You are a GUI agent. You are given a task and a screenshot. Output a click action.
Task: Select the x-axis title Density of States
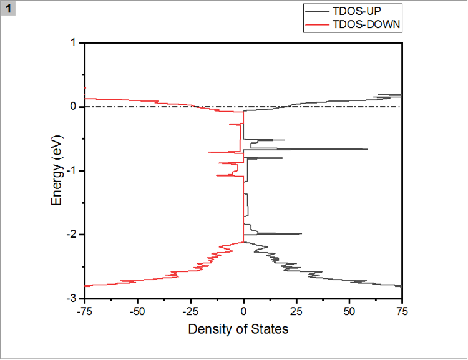(238, 328)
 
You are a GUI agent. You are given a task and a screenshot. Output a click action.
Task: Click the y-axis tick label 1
(73, 43)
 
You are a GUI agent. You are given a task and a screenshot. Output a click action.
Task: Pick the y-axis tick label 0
(73, 107)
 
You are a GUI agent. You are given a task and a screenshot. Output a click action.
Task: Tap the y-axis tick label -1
(71, 171)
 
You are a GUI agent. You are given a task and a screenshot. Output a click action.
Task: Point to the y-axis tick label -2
(71, 235)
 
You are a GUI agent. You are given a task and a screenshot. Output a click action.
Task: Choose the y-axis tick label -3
(71, 299)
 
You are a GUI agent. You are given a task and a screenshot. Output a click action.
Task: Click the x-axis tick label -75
(84, 310)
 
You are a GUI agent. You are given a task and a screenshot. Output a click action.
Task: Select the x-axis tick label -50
(137, 310)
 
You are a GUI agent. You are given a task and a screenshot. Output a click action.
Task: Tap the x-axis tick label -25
(190, 310)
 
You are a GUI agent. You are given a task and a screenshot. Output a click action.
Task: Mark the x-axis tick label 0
(243, 310)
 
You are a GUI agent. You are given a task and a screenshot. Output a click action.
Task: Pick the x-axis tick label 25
(296, 310)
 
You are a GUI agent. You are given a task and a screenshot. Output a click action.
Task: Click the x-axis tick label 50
(349, 310)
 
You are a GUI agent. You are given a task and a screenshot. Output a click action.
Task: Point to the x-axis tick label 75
(402, 310)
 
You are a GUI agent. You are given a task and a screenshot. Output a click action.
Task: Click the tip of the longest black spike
(368, 149)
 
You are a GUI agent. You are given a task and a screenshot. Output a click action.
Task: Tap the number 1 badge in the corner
(9, 8)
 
